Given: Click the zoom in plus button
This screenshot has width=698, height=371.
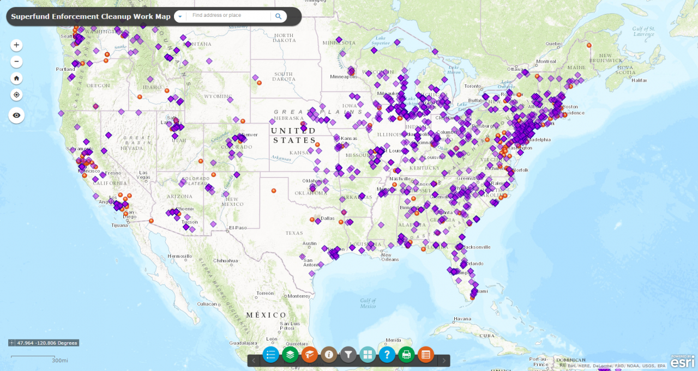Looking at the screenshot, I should click(x=16, y=45).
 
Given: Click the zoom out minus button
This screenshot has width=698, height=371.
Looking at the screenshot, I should click(x=16, y=62).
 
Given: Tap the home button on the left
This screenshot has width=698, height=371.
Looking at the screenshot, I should click(x=16, y=78).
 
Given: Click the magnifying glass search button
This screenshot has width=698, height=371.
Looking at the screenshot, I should click(x=278, y=16).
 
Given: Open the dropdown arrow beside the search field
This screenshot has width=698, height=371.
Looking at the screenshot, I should click(x=180, y=16).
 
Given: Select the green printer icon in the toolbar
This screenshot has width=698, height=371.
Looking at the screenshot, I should click(x=406, y=355).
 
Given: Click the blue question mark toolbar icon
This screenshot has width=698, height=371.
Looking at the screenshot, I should click(x=387, y=355).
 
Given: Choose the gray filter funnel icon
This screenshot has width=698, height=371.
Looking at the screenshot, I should click(x=348, y=355).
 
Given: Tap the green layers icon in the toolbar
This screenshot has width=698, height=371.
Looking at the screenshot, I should click(x=290, y=355).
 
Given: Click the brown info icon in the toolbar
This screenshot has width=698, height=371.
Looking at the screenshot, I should click(x=329, y=355).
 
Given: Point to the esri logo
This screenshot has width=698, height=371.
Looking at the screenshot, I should click(x=682, y=362).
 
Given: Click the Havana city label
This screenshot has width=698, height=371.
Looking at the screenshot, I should click(x=462, y=319).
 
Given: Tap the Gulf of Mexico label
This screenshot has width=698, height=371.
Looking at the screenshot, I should click(x=368, y=303).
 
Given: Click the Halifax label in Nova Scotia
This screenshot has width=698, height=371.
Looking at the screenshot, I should click(x=639, y=81).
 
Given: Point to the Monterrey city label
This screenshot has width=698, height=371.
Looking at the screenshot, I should click(x=299, y=296).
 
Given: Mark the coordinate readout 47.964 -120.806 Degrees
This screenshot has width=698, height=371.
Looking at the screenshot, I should click(x=44, y=343).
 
